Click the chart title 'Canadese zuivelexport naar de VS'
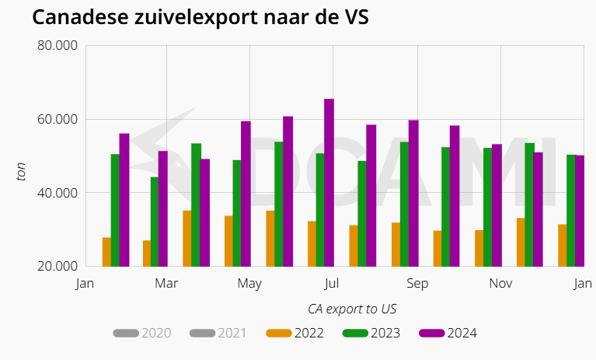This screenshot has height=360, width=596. coord(200,18)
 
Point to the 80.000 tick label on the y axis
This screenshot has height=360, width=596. coord(58,46)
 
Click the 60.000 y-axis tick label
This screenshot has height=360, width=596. coord(58,119)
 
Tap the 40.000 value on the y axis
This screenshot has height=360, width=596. coord(58,193)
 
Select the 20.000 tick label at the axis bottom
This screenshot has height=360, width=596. coord(58,266)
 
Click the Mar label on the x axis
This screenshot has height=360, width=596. coord(166,284)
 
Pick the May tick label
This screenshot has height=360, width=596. coord(249,284)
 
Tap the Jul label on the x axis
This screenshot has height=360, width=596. coord(332,284)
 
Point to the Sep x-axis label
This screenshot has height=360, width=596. coord(417,284)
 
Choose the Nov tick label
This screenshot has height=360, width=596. coord(500,284)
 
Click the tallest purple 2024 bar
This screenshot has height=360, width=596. coord(329,183)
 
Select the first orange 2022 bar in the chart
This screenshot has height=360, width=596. coord(106,252)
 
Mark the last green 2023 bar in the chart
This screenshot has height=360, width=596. coord(571,211)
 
